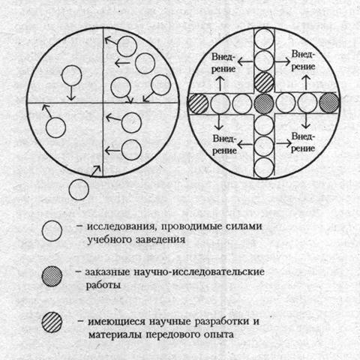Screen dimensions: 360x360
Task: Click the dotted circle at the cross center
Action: [264, 103]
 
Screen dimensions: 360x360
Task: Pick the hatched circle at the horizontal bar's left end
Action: [198, 103]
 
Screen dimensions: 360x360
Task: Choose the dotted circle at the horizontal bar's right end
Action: [329, 103]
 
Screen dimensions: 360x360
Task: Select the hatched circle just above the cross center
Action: [264, 82]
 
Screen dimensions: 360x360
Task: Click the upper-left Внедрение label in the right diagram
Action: [223, 63]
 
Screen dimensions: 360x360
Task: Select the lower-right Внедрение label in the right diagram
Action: [303, 142]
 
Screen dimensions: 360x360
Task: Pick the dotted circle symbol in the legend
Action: [52, 276]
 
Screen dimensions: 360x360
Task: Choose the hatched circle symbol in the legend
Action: [52, 322]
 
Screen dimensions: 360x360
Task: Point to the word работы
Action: [103, 285]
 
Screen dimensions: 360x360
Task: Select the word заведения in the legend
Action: [160, 240]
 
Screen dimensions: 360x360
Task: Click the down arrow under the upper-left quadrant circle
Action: [71, 93]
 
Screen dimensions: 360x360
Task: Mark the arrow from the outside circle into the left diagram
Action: [95, 171]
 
